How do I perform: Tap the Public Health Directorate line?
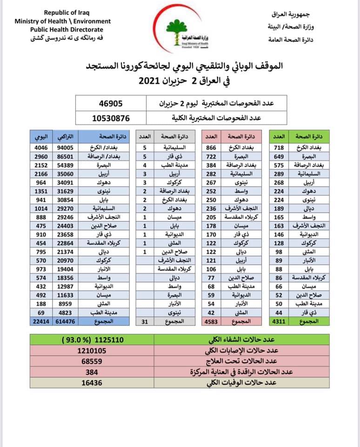[63, 29]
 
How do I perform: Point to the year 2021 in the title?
[153, 81]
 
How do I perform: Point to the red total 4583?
[212, 321]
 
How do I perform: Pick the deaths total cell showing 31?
[144, 321]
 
